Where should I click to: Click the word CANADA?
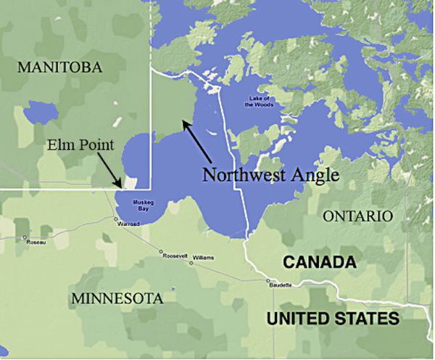(x=320, y=262)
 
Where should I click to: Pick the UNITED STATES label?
(x=333, y=318)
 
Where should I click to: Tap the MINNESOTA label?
(x=117, y=298)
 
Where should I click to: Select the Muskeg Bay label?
(x=141, y=205)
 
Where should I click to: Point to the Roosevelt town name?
(x=175, y=256)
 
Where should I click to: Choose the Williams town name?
(x=204, y=257)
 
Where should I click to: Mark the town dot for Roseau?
(x=25, y=237)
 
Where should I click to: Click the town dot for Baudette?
(x=269, y=281)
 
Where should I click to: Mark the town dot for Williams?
(x=192, y=262)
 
